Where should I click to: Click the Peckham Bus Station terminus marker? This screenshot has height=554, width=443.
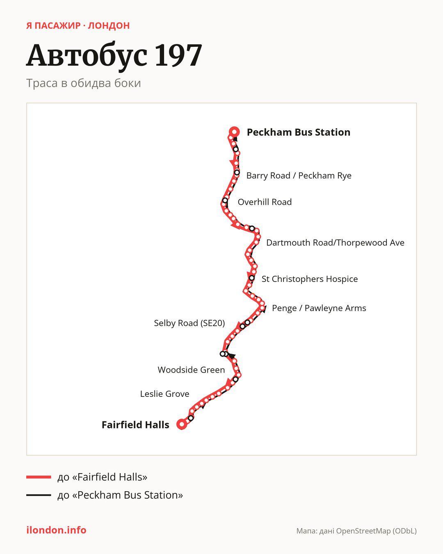(x=234, y=132)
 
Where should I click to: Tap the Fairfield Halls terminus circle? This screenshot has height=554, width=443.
(x=182, y=424)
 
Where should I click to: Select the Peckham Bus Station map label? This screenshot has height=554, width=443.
(x=298, y=132)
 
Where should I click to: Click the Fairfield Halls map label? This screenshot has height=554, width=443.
(x=135, y=425)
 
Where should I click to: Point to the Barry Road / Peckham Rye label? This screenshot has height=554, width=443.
(x=299, y=176)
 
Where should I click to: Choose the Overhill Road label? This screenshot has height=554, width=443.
(x=265, y=202)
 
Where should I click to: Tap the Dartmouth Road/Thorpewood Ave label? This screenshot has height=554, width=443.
(x=335, y=243)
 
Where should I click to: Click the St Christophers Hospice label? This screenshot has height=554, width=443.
(x=310, y=279)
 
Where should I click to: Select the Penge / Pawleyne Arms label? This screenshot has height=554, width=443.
(x=319, y=308)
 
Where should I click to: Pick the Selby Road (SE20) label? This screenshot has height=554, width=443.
(x=190, y=323)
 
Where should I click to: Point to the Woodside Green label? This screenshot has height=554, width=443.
(x=191, y=370)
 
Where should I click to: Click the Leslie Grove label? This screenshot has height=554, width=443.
(x=165, y=394)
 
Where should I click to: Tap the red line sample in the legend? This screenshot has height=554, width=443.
(x=39, y=477)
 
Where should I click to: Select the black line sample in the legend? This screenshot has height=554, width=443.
(x=39, y=495)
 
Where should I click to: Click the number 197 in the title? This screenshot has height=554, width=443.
(x=178, y=55)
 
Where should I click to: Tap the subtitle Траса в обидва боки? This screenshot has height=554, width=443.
(x=84, y=83)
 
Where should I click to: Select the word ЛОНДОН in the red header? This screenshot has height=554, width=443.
(x=109, y=26)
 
